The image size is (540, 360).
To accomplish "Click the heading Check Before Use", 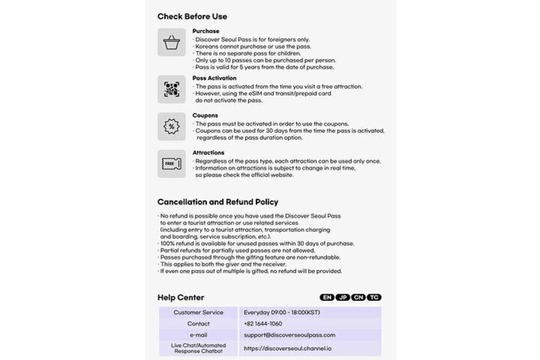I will click(192, 17).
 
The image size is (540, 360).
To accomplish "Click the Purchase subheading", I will click(206, 31).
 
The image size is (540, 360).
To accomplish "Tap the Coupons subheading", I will click(205, 115).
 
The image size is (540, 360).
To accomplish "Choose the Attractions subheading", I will click(208, 153).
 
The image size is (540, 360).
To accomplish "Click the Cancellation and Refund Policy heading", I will click(217, 202).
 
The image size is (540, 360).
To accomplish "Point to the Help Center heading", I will click(181, 298).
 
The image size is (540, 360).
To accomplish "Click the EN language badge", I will click(327, 298).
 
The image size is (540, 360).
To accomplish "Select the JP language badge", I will click(343, 298).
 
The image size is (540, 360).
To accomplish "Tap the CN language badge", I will click(359, 298).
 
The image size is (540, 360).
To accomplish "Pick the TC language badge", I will click(375, 298).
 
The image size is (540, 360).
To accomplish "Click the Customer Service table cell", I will click(199, 313).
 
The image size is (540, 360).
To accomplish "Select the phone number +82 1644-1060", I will click(263, 324).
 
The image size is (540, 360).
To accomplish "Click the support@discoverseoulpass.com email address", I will click(289, 335).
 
